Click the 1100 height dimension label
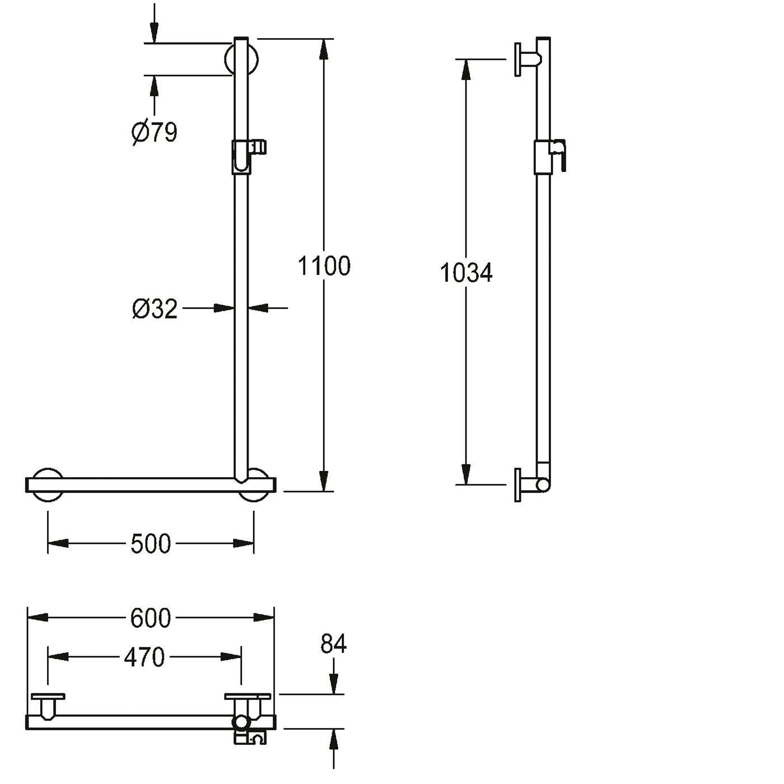[x=324, y=266]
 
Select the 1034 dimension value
[x=466, y=273]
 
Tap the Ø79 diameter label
[x=155, y=133]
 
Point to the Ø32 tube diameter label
[x=155, y=309]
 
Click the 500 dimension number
[x=151, y=544]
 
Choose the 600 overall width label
[x=151, y=618]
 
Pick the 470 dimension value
[x=144, y=657]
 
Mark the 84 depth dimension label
[x=333, y=644]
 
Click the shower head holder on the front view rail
[x=249, y=157]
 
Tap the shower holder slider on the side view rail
[x=549, y=157]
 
